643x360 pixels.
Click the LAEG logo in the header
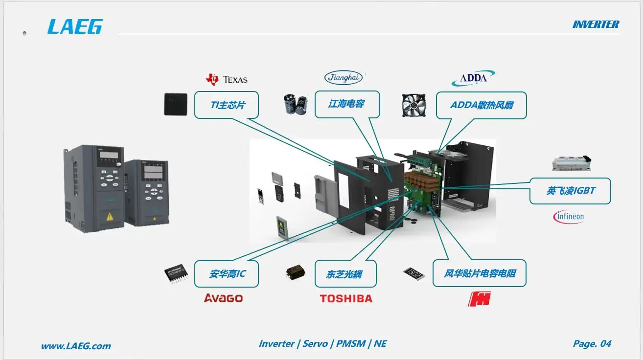(75, 26)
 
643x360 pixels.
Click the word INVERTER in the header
(596, 24)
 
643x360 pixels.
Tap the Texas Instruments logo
(227, 79)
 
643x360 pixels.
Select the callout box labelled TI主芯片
(227, 105)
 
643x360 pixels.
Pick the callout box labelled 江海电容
(347, 104)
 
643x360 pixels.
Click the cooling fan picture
(413, 105)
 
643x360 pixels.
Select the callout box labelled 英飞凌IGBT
(571, 191)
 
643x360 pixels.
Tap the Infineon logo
(568, 216)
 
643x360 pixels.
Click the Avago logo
(223, 298)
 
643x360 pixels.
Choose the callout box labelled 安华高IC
(227, 274)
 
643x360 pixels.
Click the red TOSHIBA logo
(346, 298)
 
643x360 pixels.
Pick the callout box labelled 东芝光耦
(345, 274)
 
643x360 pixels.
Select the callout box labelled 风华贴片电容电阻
(480, 273)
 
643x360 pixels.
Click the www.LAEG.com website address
(76, 346)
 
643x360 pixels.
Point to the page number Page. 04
(592, 344)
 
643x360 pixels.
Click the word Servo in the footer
(315, 344)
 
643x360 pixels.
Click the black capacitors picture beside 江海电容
(296, 104)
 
